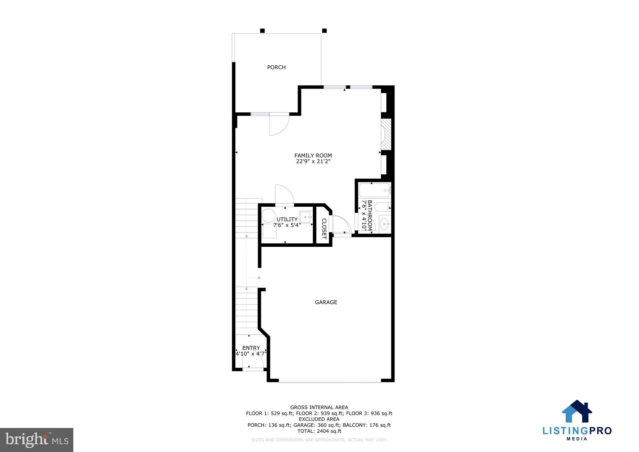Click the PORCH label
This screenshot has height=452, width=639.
point(276,67)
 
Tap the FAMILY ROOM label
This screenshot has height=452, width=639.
point(313,155)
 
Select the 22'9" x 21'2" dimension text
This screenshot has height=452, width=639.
point(313,161)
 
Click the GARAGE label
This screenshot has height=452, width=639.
point(326,302)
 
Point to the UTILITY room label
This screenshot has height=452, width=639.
point(287,219)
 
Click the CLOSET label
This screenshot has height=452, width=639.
point(324,228)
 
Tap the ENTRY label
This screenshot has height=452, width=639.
point(251,348)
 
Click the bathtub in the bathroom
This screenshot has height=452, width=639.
point(374,190)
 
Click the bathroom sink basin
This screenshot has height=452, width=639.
point(385,223)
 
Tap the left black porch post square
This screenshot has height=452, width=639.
point(262,31)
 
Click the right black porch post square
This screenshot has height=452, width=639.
point(324,31)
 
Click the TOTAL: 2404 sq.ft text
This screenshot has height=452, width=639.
point(319,431)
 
